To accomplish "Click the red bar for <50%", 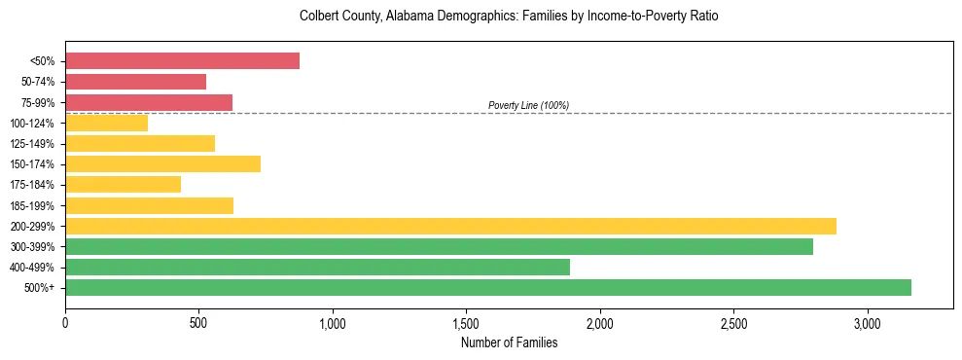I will (182, 60).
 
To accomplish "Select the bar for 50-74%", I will (135, 82).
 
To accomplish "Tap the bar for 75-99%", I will (149, 102).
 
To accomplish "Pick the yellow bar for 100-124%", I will (106, 123).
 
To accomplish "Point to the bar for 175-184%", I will (123, 185).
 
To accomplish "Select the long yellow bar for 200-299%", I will (450, 226).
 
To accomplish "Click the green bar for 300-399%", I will (439, 247).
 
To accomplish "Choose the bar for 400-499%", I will (317, 268).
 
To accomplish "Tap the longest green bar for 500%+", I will (488, 288).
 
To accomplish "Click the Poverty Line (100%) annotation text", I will (528, 105).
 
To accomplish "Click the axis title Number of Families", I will (509, 342).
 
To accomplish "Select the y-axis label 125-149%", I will (32, 144).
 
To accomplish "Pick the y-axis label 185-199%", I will (32, 205).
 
